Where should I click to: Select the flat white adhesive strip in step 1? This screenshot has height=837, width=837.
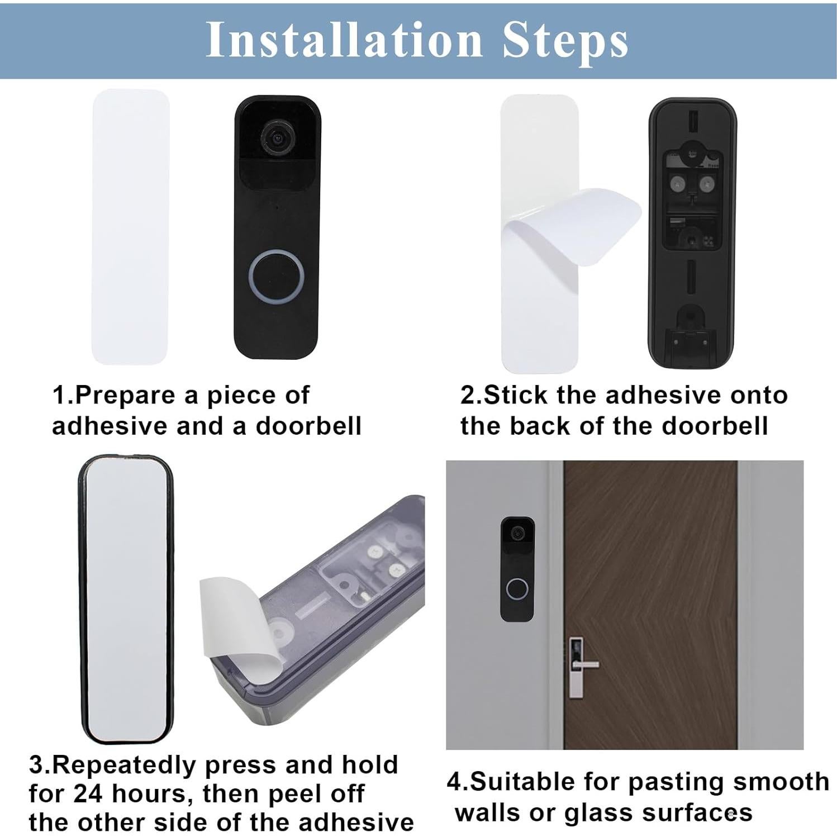pyautogui.click(x=130, y=226)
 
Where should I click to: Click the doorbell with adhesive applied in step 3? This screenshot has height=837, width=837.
pyautogui.click(x=125, y=599)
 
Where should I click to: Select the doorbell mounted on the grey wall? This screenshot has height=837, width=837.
pyautogui.click(x=517, y=569)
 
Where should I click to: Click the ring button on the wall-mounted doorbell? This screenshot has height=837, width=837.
pyautogui.click(x=517, y=589)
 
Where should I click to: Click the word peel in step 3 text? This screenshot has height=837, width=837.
pyautogui.click(x=305, y=793)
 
